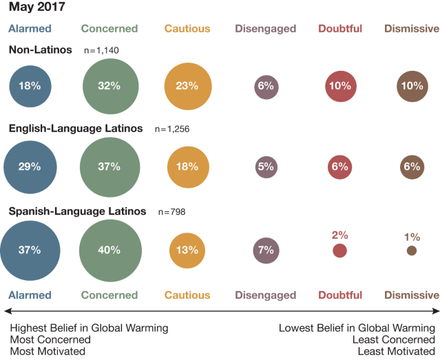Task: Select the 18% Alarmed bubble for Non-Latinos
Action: click(x=30, y=87)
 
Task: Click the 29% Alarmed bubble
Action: click(x=30, y=167)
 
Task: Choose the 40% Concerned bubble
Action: click(x=109, y=250)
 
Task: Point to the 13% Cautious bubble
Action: click(x=187, y=250)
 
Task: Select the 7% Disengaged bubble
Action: click(x=266, y=250)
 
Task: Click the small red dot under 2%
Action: click(x=339, y=251)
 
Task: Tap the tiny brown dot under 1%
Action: click(x=412, y=251)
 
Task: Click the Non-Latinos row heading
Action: click(x=41, y=50)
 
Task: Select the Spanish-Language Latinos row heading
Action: click(x=77, y=211)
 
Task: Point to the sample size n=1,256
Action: click(x=172, y=129)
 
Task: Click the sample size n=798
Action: click(x=172, y=212)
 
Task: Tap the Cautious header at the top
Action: click(x=187, y=29)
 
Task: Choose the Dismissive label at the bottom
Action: click(x=412, y=295)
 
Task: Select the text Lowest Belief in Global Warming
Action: click(x=357, y=328)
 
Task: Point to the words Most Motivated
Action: click(x=48, y=351)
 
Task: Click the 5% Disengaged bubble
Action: click(x=266, y=167)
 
